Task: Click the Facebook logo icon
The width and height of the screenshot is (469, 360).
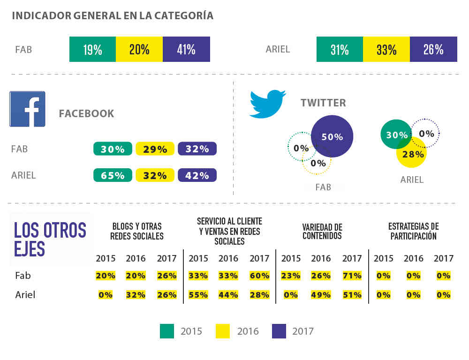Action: point(27,109)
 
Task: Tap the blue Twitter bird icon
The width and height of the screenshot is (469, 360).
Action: point(267,103)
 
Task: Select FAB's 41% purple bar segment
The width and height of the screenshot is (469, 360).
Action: point(186,49)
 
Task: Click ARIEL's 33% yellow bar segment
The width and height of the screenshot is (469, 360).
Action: point(386,49)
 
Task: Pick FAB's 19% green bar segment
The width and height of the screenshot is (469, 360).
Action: point(92,49)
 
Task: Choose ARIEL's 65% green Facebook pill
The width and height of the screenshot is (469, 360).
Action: point(113,175)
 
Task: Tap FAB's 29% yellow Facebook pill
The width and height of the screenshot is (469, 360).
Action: point(155,149)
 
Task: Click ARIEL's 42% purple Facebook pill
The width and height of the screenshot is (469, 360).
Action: point(197,175)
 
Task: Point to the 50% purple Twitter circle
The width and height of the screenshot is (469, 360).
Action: point(332,136)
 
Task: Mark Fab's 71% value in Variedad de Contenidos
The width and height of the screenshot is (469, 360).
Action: point(352,276)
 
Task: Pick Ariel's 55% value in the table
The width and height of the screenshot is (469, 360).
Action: point(198,295)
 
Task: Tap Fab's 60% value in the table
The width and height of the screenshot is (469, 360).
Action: point(259,276)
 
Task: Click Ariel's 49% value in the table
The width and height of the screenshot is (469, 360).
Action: point(321,295)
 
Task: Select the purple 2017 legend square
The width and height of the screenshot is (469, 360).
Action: point(279,331)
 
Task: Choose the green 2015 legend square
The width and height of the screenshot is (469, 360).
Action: point(167,331)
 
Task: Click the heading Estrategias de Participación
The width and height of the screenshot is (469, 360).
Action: point(413,231)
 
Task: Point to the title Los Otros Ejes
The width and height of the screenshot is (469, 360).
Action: point(50,239)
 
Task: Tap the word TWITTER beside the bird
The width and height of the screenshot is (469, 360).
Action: point(323,103)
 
